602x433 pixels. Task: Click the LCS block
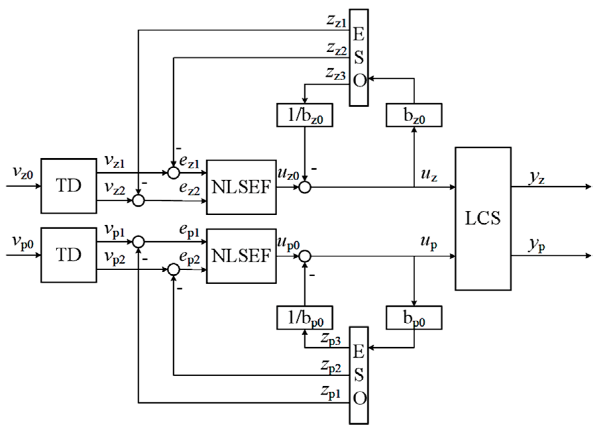483,219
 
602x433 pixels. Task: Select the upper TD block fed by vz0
69,186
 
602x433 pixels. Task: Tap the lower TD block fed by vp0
69,255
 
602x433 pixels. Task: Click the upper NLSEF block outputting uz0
241,187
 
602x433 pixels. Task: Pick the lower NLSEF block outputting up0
241,256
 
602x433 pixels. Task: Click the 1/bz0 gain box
304,115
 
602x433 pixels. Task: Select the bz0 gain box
414,115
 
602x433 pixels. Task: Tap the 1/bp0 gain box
304,318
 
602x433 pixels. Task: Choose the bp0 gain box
414,318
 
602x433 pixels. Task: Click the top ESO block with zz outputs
359,57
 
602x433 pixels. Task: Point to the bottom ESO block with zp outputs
359,375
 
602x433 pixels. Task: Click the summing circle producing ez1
173,173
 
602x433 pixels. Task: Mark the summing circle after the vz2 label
138,200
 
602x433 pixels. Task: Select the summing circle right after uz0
305,187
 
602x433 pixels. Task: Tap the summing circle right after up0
305,256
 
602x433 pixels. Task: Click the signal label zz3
336,73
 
